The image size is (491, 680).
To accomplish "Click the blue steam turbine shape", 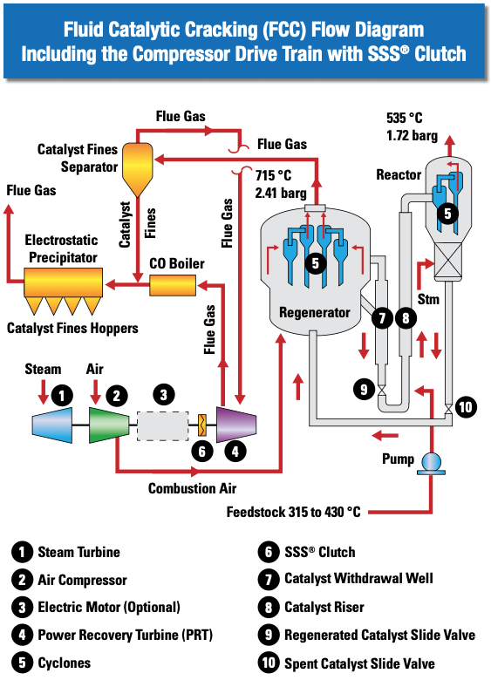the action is [x=52, y=425].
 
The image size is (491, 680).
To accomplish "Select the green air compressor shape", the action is [x=109, y=425].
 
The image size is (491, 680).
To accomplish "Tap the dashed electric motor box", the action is [x=163, y=425].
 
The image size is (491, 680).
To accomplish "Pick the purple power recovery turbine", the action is [x=236, y=425].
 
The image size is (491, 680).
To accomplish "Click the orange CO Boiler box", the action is [x=173, y=285].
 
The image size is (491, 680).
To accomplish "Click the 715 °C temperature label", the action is [x=273, y=175].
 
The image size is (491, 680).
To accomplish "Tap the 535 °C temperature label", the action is [x=405, y=118].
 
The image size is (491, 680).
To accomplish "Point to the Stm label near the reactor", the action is [x=428, y=299].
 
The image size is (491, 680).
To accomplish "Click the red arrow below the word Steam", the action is [x=43, y=391].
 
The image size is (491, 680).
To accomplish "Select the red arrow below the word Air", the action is [x=95, y=391].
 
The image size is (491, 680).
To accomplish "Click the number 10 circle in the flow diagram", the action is [x=466, y=407].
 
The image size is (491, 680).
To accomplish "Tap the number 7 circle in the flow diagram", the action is [x=382, y=318].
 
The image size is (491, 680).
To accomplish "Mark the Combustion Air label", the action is [x=192, y=488].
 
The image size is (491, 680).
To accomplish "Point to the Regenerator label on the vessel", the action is [x=315, y=312].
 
